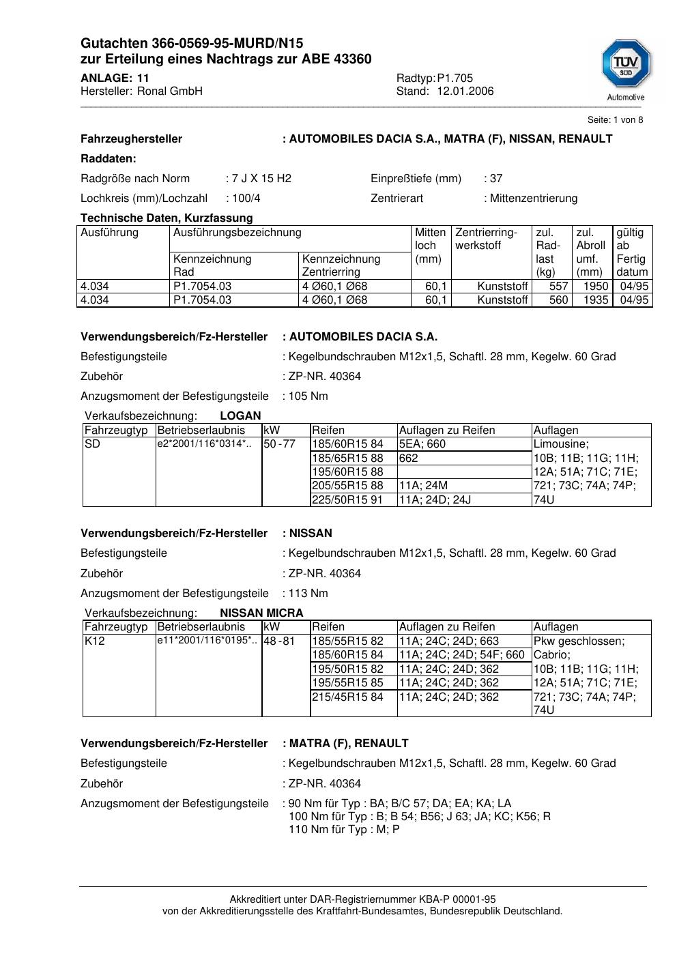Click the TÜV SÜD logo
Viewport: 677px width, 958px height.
(x=626, y=66)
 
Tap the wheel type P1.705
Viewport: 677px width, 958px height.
(x=455, y=78)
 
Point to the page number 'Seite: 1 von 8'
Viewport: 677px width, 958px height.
(x=615, y=120)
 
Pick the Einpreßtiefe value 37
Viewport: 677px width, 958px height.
(x=496, y=179)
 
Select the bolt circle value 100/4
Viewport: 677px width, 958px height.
(x=246, y=199)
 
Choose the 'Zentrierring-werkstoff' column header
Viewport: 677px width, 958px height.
(x=487, y=239)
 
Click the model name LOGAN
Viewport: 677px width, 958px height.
(x=240, y=416)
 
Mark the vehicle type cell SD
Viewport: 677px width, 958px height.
(x=92, y=444)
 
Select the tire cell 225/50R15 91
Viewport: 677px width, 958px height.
(x=348, y=499)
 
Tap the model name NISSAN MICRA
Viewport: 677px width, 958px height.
(x=261, y=613)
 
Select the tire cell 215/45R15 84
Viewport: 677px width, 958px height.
(x=348, y=697)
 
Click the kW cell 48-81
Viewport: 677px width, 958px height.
(x=279, y=641)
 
